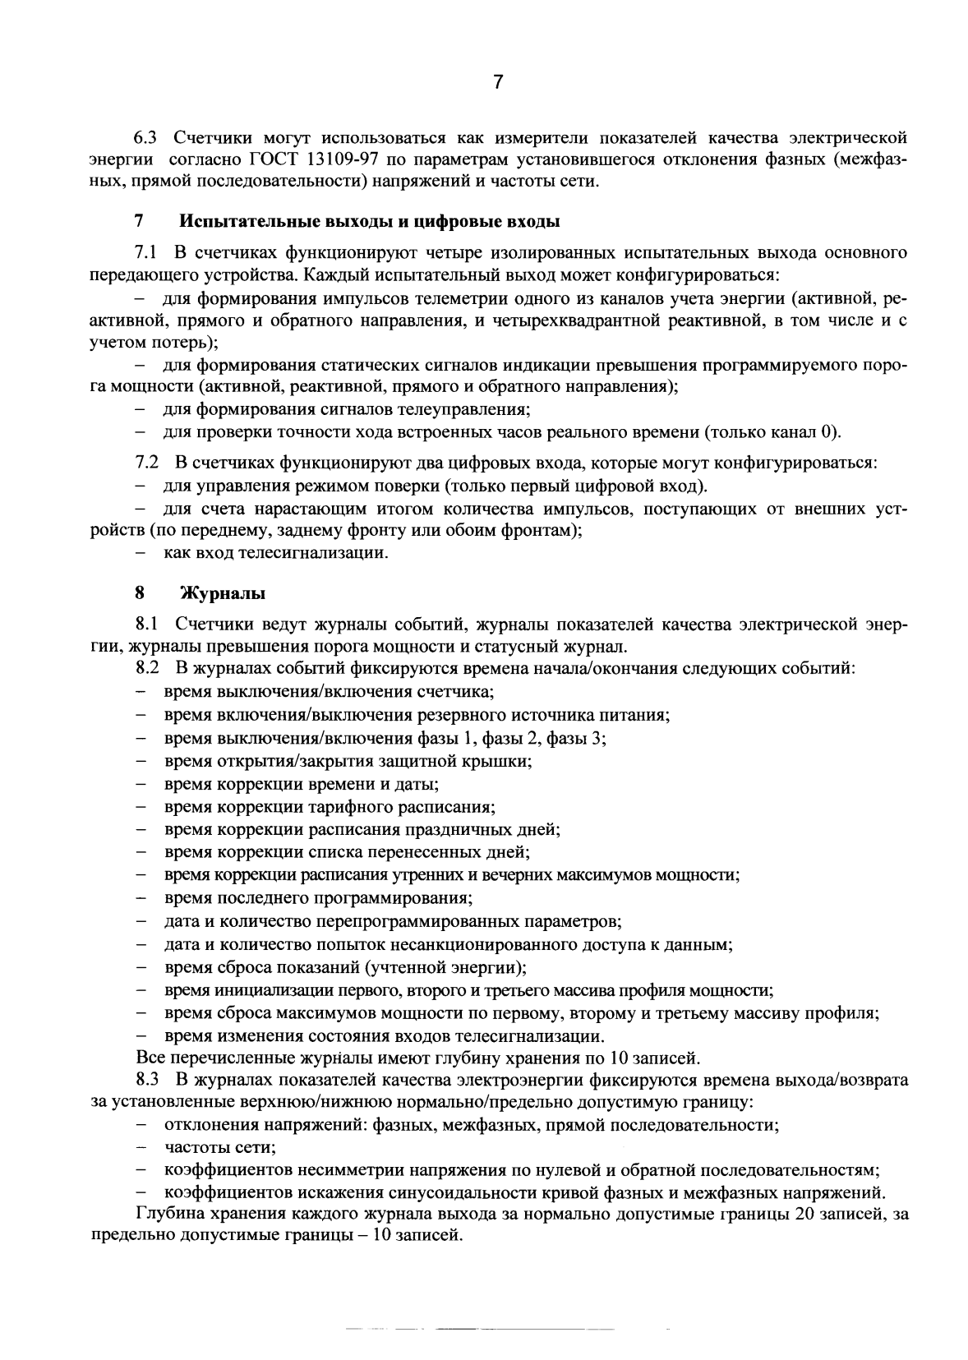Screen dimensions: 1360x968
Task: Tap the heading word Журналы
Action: (x=223, y=593)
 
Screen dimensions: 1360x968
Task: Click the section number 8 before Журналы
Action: (x=140, y=593)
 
